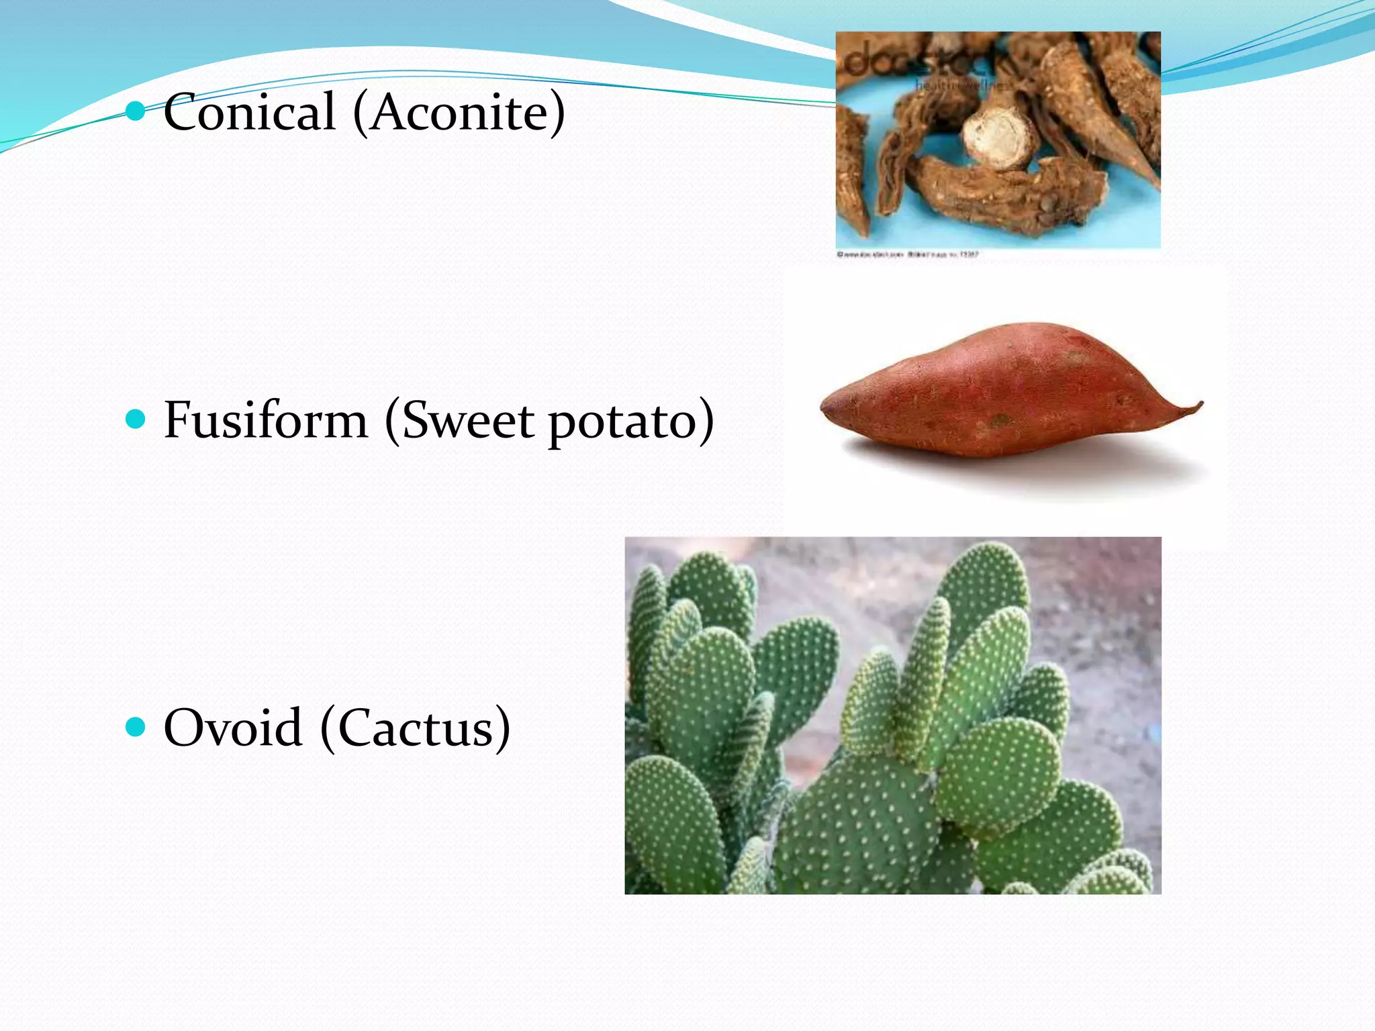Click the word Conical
tap(249, 112)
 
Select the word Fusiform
tap(266, 420)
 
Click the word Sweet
tap(468, 420)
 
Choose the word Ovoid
tap(233, 728)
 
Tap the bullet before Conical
tap(136, 111)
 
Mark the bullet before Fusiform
tap(136, 420)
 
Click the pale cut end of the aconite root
tap(996, 139)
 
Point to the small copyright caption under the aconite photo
tap(907, 255)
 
